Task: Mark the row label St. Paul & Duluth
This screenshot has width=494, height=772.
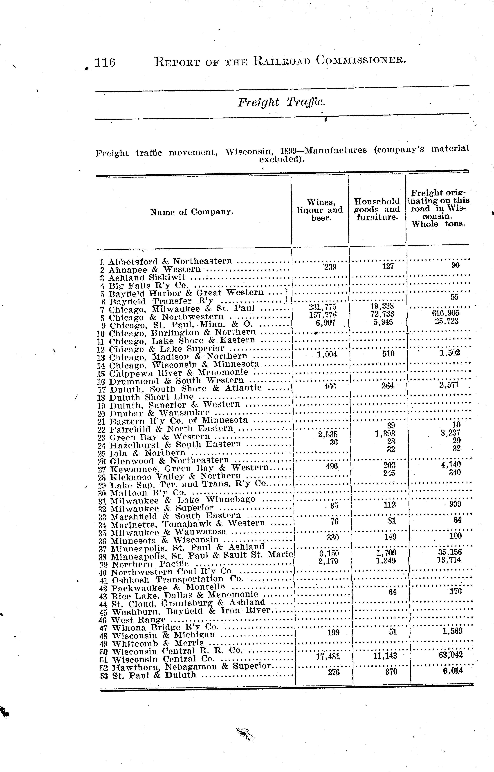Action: click(x=154, y=675)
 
